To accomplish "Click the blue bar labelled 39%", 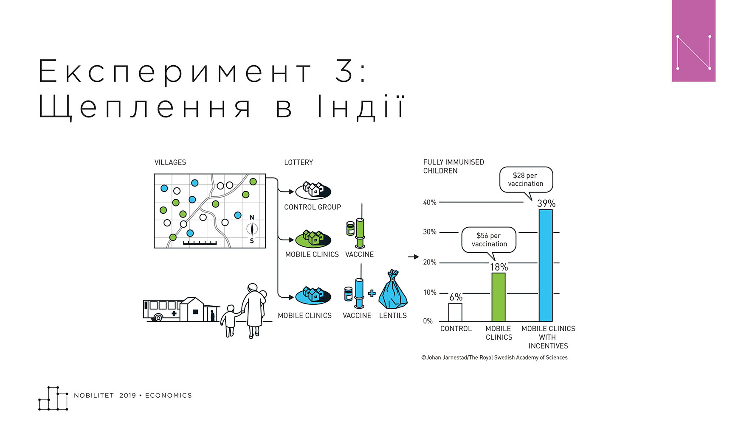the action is pos(546,265).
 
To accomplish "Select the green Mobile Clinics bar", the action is pos(499,297).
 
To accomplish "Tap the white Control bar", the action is pos(455,312).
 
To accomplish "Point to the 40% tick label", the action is pos(430,202).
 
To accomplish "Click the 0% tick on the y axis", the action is pos(428,321).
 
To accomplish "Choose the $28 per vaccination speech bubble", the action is pos(526,181).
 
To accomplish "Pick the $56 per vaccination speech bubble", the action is pos(489,242).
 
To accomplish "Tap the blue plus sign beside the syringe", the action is pos(372,293).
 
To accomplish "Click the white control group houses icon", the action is pos(313,190).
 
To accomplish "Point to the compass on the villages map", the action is pos(252,229).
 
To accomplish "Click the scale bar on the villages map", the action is pos(200,243).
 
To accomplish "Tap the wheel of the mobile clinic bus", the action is pos(158,317).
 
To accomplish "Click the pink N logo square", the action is pos(693,41).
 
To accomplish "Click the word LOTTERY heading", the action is pos(299,162).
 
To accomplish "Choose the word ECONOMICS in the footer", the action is pos(169,396).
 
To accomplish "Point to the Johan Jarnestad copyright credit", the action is pos(494,357).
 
